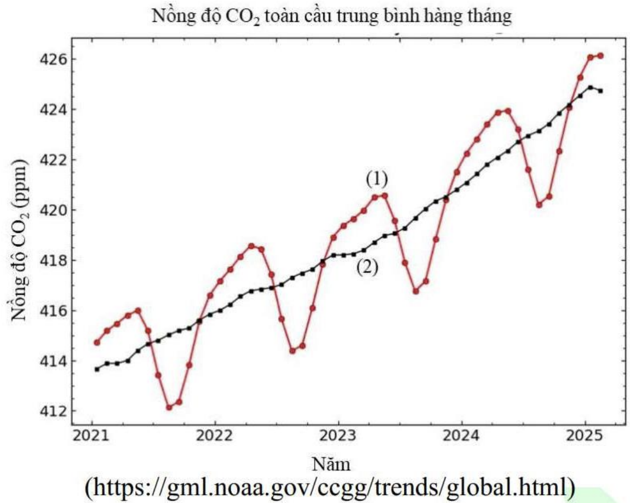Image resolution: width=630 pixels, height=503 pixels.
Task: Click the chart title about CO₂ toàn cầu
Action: coord(331,16)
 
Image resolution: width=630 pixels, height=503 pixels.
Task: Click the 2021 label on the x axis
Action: coord(91,436)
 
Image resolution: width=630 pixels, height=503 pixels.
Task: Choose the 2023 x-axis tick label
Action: coord(338,436)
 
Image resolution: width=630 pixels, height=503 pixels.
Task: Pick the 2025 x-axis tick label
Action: coord(585,436)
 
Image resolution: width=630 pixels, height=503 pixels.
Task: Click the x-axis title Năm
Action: coord(331,465)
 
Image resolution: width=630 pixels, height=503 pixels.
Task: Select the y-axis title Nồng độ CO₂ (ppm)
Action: coord(19,240)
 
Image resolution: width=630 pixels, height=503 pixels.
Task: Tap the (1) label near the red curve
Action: coord(377,179)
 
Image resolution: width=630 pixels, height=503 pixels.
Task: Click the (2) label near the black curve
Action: coord(367,268)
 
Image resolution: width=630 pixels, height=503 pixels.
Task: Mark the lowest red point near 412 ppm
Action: coord(169,407)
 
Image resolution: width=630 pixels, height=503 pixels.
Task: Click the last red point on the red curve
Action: coord(600,56)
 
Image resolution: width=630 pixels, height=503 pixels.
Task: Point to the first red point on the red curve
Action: coord(97,342)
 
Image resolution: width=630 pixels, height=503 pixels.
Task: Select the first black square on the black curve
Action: coord(97,369)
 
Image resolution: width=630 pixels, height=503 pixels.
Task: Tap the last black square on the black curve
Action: coord(600,91)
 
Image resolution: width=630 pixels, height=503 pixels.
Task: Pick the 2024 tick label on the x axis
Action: coord(461,436)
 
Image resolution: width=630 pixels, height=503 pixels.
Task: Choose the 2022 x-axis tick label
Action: coord(215,436)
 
